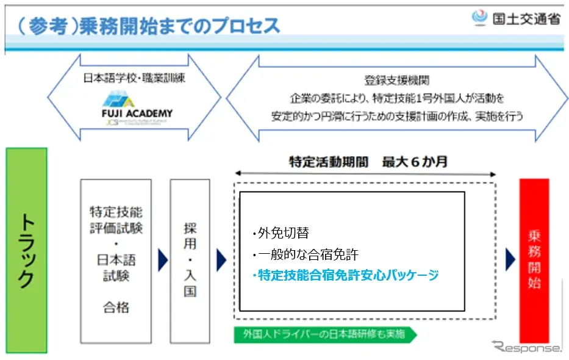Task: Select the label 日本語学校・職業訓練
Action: [x=134, y=78]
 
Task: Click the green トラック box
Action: [x=26, y=250]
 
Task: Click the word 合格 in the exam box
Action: [x=116, y=307]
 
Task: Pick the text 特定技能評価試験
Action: [x=116, y=220]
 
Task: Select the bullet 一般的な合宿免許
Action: [x=302, y=254]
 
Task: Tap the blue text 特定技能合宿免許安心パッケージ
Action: [x=345, y=275]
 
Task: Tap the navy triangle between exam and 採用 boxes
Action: [x=162, y=261]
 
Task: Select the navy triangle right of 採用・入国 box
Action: [x=221, y=261]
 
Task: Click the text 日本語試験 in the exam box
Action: [x=116, y=268]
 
